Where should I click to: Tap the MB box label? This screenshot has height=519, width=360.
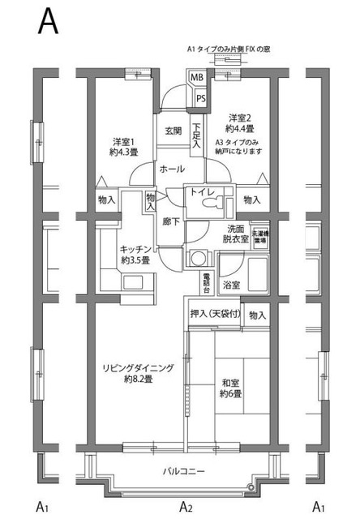[x=196, y=78]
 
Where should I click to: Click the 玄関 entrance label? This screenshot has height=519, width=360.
[x=173, y=131]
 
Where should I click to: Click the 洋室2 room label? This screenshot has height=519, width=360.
[x=241, y=122]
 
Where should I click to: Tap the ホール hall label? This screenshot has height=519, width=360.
[x=172, y=169]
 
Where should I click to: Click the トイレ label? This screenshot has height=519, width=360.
[x=200, y=191]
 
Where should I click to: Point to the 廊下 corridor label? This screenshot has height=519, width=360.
[x=169, y=221]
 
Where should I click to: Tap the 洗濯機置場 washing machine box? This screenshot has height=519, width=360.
[x=259, y=236]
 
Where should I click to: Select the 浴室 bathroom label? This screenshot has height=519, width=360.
[x=231, y=285]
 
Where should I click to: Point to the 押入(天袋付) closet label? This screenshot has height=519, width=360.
[x=214, y=315]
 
